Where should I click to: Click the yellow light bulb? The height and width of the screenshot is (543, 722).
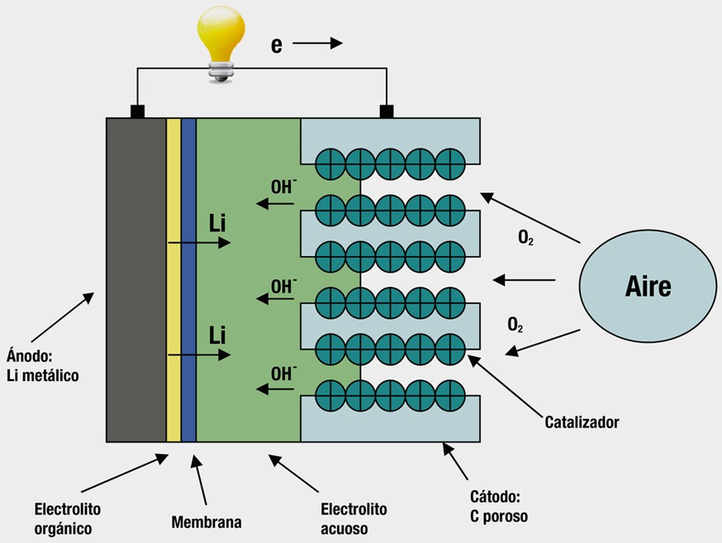pyautogui.click(x=221, y=40)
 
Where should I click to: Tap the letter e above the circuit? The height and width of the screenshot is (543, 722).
pyautogui.click(x=277, y=45)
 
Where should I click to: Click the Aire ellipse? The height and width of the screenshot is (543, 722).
pyautogui.click(x=648, y=286)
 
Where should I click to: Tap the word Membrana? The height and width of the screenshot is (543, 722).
pyautogui.click(x=207, y=522)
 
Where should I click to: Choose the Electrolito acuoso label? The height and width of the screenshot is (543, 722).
pyautogui.click(x=353, y=518)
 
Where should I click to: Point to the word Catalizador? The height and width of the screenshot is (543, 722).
pyautogui.click(x=582, y=422)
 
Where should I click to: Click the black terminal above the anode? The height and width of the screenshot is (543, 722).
pyautogui.click(x=137, y=111)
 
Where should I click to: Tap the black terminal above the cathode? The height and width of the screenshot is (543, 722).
pyautogui.click(x=385, y=111)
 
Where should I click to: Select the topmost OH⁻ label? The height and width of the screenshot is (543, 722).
pyautogui.click(x=283, y=187)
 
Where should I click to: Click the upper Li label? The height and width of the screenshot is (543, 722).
pyautogui.click(x=217, y=223)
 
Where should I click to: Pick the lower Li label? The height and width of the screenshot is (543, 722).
pyautogui.click(x=217, y=335)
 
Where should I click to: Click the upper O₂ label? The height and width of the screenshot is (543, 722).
pyautogui.click(x=525, y=239)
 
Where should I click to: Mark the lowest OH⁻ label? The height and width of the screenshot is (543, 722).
pyautogui.click(x=283, y=373)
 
